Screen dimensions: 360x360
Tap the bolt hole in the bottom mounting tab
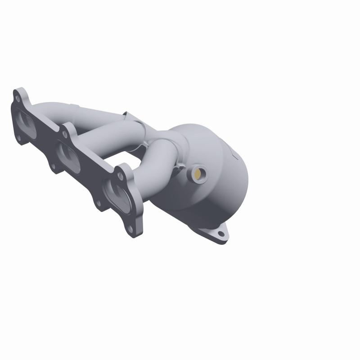pyautogui.click(x=220, y=234)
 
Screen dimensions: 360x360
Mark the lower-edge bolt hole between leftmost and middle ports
pyautogui.click(x=53, y=166)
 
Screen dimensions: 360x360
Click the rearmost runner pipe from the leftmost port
pyautogui.click(x=58, y=110)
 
